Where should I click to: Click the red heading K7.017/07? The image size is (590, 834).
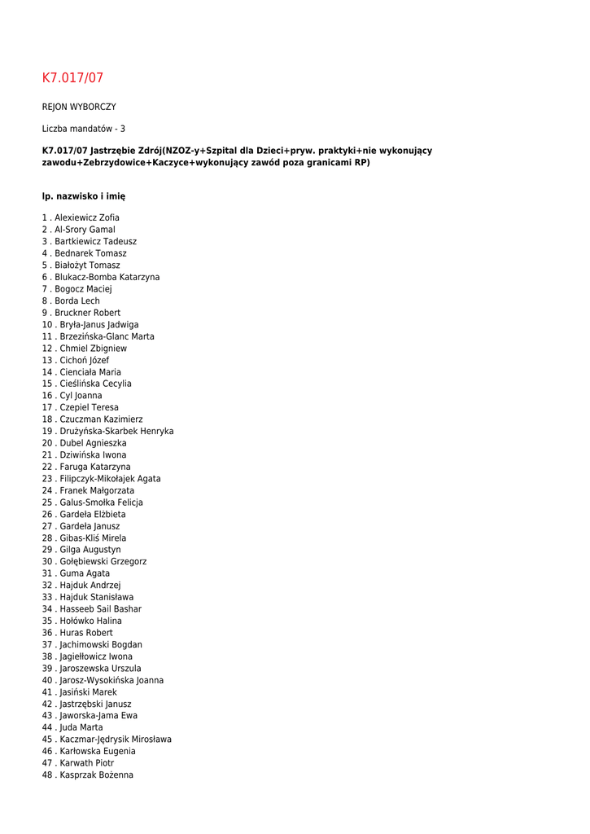click(72, 78)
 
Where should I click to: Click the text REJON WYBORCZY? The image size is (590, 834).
click(79, 107)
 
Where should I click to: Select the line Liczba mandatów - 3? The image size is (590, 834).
click(84, 129)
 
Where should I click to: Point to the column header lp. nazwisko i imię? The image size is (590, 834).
click(84, 196)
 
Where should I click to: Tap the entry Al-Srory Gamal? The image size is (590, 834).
click(85, 230)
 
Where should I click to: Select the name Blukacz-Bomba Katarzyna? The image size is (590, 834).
click(107, 277)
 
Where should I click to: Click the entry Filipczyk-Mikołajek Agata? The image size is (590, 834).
click(110, 479)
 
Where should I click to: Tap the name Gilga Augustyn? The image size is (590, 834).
click(90, 550)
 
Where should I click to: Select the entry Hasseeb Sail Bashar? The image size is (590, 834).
click(100, 609)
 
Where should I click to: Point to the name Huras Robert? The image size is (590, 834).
click(86, 633)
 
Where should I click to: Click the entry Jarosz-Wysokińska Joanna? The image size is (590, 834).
click(111, 680)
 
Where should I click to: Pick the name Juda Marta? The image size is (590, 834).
click(81, 727)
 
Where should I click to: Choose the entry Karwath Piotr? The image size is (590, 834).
click(86, 763)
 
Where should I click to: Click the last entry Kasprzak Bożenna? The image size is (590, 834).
click(96, 775)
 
